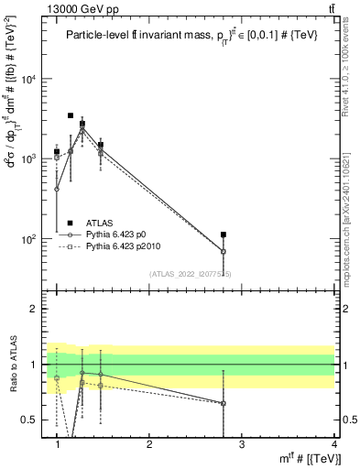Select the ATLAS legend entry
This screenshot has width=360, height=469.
pos(100,222)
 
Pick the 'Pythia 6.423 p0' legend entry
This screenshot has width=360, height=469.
pos(118,234)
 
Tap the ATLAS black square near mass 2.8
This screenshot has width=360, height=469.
pos(224,235)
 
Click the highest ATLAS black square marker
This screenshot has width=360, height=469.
pos(71,116)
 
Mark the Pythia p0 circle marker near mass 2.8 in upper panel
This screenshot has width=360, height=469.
pos(224,251)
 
